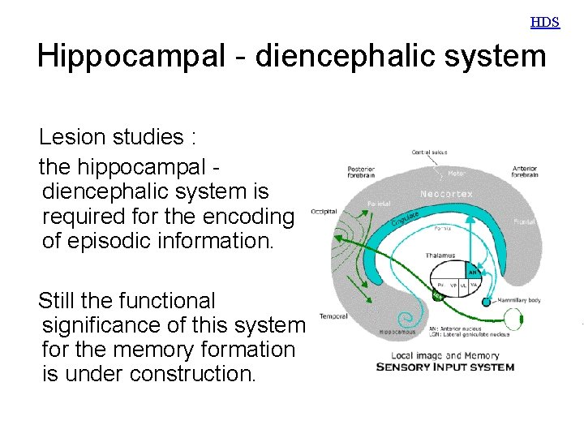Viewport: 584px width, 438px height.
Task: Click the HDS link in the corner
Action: click(x=545, y=22)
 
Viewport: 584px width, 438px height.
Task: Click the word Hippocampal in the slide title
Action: click(x=138, y=57)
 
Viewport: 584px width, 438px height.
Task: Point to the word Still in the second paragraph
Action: click(x=59, y=301)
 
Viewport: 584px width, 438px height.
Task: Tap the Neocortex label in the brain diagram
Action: click(x=446, y=194)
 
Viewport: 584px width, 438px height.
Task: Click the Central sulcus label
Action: click(x=431, y=152)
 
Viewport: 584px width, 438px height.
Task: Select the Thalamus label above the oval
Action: click(x=440, y=255)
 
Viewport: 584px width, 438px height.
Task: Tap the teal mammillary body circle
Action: click(x=487, y=302)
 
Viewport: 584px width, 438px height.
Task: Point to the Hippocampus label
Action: click(x=397, y=331)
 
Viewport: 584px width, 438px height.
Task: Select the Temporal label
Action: click(x=333, y=316)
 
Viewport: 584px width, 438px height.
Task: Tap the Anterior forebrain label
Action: click(x=525, y=172)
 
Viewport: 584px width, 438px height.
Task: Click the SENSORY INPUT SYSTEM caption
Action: click(x=444, y=367)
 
